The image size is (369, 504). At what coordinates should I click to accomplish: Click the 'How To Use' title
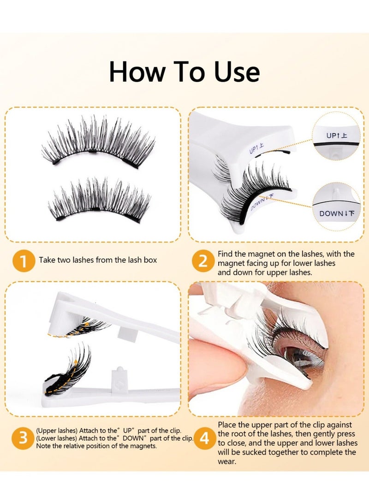(184, 72)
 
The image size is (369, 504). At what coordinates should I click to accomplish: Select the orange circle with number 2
(203, 261)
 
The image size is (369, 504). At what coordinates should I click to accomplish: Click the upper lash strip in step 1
(98, 143)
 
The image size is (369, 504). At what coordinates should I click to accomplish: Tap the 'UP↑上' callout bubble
(337, 135)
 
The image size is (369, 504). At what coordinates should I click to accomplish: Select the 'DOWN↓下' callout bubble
(337, 213)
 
